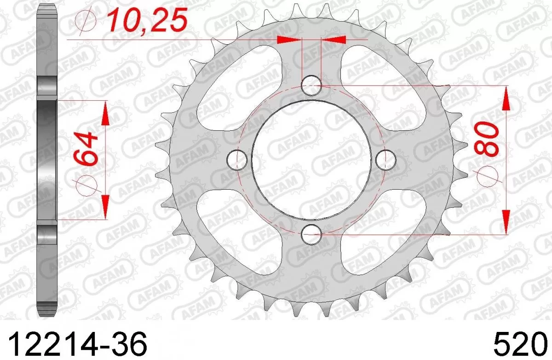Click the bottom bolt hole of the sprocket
coord(311,234)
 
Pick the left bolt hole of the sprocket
coord(237,159)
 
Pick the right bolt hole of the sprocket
coord(385,159)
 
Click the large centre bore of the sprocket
coord(311,159)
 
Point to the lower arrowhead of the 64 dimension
coord(105,207)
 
